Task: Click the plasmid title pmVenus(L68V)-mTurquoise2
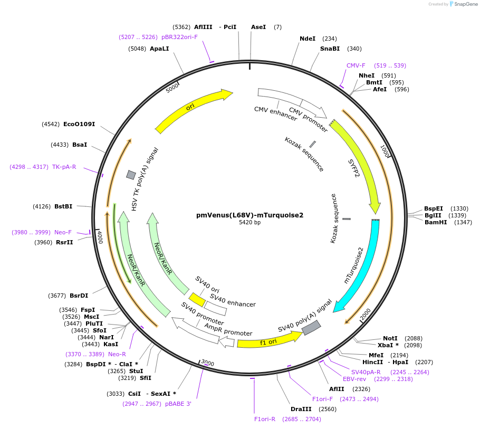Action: [x=249, y=215]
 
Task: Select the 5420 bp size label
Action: [x=249, y=222]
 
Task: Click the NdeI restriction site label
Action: [x=307, y=39]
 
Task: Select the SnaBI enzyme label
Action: [x=330, y=49]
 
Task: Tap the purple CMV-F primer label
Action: [x=356, y=65]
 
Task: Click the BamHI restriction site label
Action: [x=435, y=222]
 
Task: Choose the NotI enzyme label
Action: [x=390, y=338]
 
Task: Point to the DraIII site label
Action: [x=301, y=409]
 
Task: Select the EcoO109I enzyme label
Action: [x=79, y=124]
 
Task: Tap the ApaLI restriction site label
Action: [x=159, y=49]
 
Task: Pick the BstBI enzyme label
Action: [x=63, y=206]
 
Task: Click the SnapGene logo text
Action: [x=464, y=4]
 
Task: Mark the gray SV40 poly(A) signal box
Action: [x=311, y=328]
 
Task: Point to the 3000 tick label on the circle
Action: [x=208, y=363]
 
